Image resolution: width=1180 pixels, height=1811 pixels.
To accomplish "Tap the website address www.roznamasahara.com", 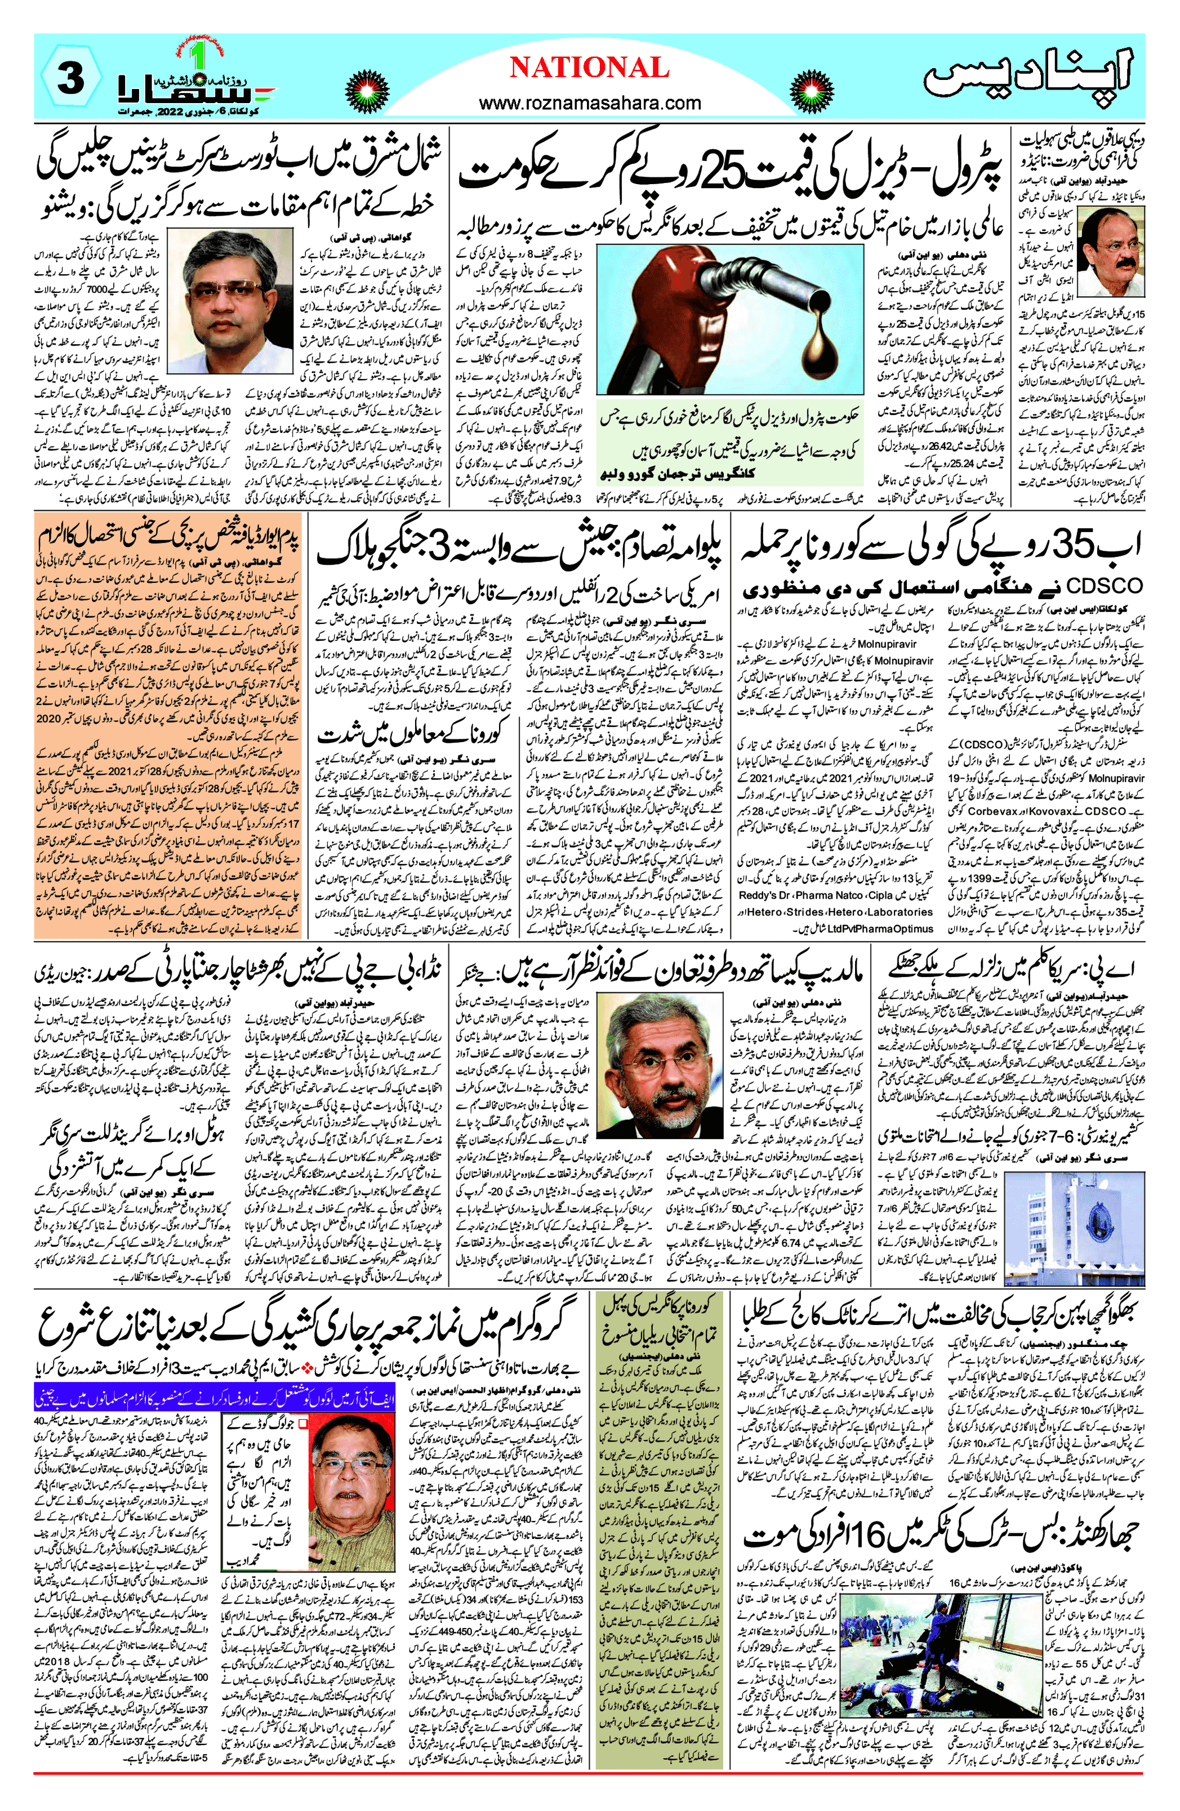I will (590, 102).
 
